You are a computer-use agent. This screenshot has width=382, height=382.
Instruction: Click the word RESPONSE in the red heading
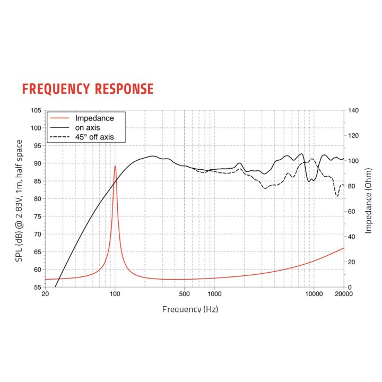pos(124,89)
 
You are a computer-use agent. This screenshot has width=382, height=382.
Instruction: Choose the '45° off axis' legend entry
pos(93,137)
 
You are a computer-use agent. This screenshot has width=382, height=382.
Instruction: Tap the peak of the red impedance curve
pos(115,166)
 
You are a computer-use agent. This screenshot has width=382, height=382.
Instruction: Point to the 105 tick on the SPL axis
pos(36,110)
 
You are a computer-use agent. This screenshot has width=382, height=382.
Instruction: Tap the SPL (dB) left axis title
pos(20,199)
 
